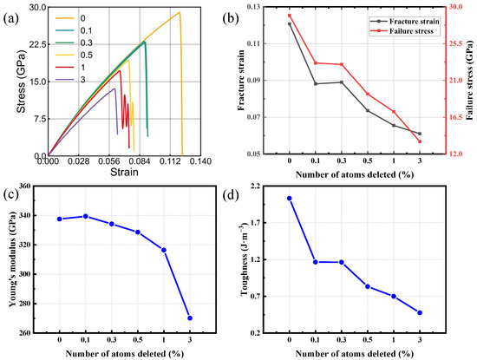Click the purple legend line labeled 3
click(x=64, y=80)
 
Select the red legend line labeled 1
click(x=64, y=68)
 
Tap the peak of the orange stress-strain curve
click(x=180, y=12)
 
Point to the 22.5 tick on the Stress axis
click(x=37, y=44)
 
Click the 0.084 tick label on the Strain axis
click(x=140, y=161)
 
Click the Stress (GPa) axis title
click(x=21, y=81)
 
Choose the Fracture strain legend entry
click(x=405, y=22)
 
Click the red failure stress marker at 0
click(x=290, y=16)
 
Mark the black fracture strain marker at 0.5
click(x=368, y=111)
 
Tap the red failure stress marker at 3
click(x=420, y=141)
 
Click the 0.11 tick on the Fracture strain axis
click(x=255, y=44)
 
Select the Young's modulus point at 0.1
click(x=86, y=216)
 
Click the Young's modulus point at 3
click(x=190, y=318)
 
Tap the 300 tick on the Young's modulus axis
click(x=27, y=274)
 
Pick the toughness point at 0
click(x=290, y=199)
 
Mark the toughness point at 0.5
click(x=368, y=286)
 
